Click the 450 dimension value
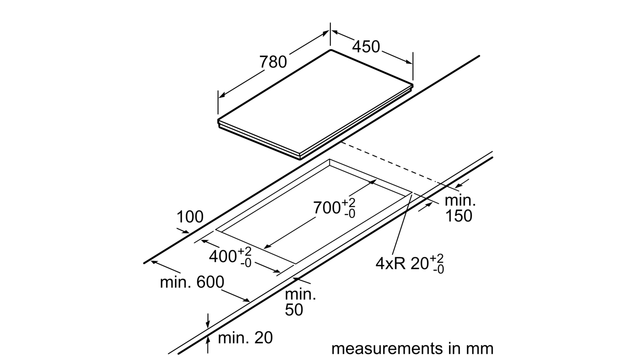[x=366, y=46]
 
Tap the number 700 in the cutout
[x=326, y=208]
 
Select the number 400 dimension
[x=222, y=256]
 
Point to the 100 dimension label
[x=190, y=217]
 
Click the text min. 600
[x=192, y=282]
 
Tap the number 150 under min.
[x=458, y=216]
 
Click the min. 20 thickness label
[x=245, y=338]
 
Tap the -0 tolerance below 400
[x=246, y=263]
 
